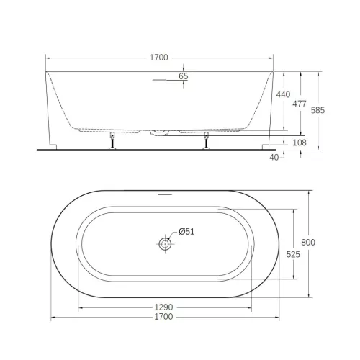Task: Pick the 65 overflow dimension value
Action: pyautogui.click(x=183, y=76)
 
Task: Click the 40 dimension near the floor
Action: pyautogui.click(x=274, y=156)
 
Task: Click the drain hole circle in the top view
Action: pyautogui.click(x=165, y=244)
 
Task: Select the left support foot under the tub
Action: pyautogui.click(x=112, y=141)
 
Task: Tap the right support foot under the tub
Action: pyautogui.click(x=207, y=141)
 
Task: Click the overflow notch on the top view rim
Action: pyautogui.click(x=165, y=194)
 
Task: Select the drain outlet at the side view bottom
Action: pyautogui.click(x=156, y=132)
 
